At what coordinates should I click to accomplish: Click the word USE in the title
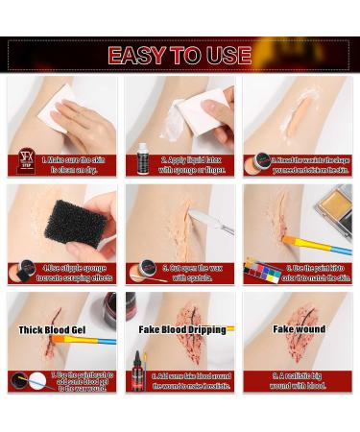click(x=228, y=55)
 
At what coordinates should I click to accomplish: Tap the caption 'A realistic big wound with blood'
click(x=300, y=381)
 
